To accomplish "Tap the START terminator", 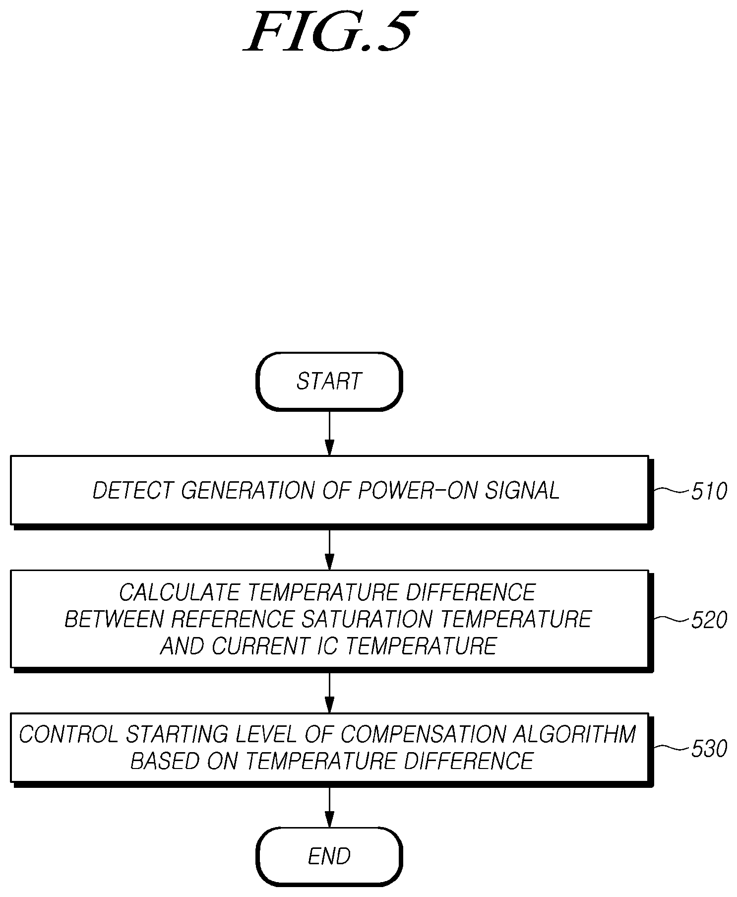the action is pyautogui.click(x=329, y=381).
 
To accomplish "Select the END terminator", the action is pyautogui.click(x=329, y=856).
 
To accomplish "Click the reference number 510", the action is pyautogui.click(x=709, y=491).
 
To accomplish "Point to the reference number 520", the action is pyautogui.click(x=709, y=620).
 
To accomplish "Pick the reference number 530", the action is pyautogui.click(x=709, y=749).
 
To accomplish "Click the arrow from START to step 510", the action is pyautogui.click(x=329, y=433).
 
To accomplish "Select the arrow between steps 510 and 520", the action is pyautogui.click(x=329, y=550).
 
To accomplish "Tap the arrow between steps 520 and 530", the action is pyautogui.click(x=329, y=693).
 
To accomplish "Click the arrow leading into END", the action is pyautogui.click(x=329, y=807).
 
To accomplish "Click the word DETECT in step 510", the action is pyautogui.click(x=133, y=491).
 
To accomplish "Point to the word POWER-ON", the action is pyautogui.click(x=418, y=491).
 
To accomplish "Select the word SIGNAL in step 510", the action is pyautogui.click(x=522, y=491).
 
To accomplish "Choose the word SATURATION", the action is pyautogui.click(x=367, y=619).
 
